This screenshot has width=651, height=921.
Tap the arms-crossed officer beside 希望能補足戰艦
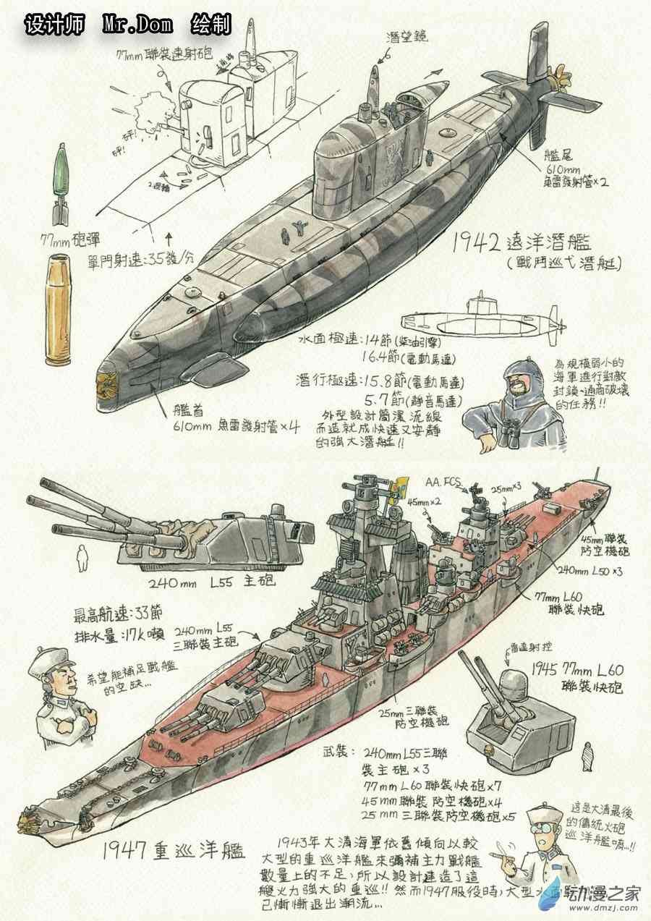(x=62, y=695)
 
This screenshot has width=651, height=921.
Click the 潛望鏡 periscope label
(x=404, y=35)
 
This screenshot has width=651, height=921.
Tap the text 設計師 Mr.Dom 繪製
(x=128, y=24)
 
